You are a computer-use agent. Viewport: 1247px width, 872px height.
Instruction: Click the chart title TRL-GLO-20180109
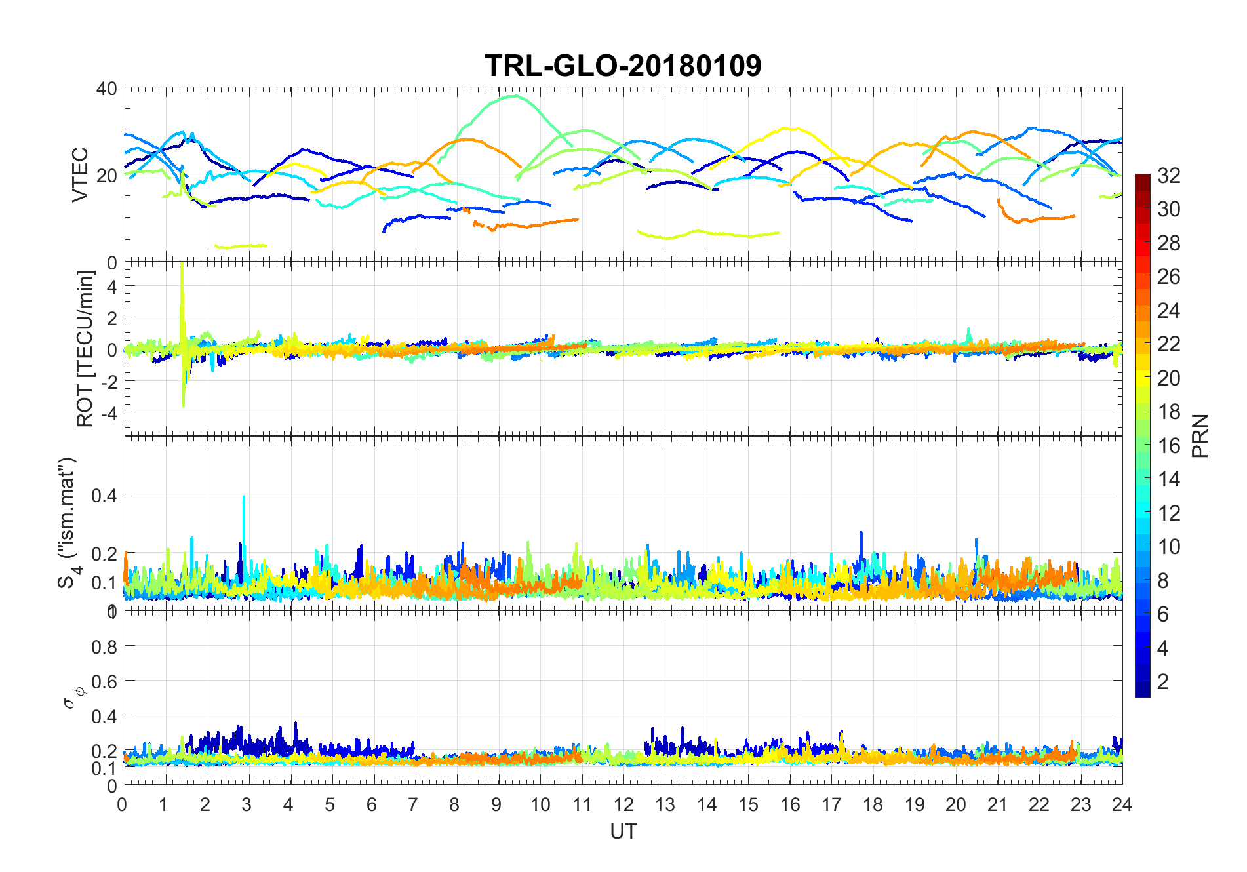pos(623,66)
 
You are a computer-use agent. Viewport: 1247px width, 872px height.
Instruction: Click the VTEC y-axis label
pos(80,174)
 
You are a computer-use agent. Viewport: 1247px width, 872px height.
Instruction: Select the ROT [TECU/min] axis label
pos(85,348)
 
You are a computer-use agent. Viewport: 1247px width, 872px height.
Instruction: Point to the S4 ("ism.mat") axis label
pos(68,523)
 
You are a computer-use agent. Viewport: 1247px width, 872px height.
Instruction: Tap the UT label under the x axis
pos(623,831)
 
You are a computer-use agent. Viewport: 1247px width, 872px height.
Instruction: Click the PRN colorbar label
pos(1200,435)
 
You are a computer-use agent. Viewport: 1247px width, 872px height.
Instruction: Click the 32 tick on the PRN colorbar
pos(1168,175)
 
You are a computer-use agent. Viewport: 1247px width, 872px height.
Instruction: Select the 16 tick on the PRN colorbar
pos(1168,445)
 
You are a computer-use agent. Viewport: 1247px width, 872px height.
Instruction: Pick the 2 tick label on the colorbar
pos(1162,681)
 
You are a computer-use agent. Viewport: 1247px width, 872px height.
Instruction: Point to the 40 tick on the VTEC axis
pos(107,89)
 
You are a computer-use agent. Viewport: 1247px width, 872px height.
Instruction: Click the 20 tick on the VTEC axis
pos(107,176)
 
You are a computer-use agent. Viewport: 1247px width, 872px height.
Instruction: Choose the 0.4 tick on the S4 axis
pos(104,495)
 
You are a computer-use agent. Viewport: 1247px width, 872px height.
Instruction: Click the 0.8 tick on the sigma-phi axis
pos(104,647)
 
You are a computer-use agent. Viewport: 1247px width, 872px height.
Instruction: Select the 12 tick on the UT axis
pos(623,804)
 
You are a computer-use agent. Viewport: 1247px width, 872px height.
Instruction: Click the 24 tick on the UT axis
pos(1122,804)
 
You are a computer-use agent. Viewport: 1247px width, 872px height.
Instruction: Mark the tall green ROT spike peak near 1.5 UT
pos(182,264)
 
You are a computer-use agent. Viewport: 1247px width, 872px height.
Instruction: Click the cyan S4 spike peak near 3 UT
pos(244,496)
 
